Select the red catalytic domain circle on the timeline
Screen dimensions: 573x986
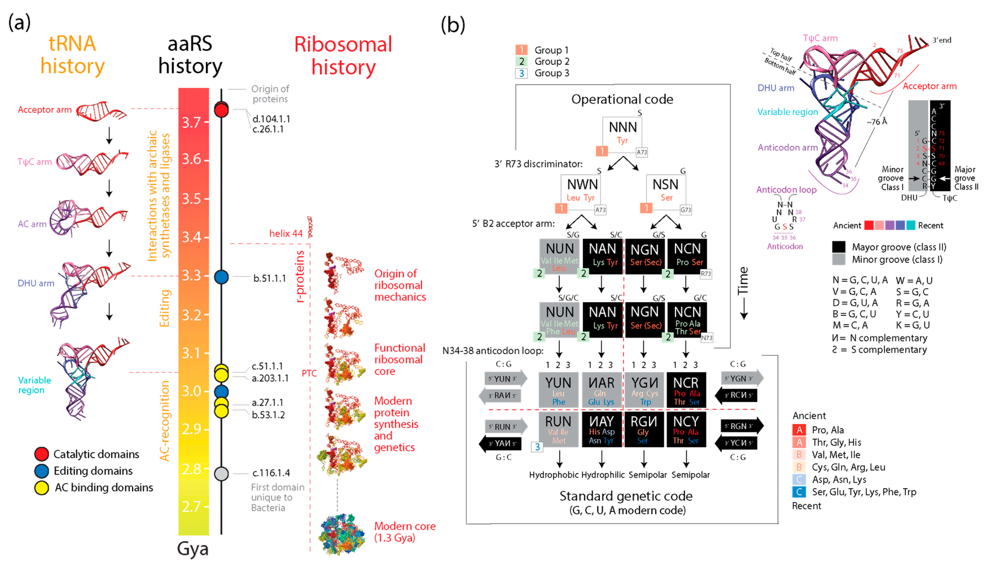[221, 110]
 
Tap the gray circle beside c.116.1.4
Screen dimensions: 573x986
[221, 474]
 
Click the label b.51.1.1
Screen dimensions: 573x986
[270, 278]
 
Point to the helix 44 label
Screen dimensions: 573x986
[286, 234]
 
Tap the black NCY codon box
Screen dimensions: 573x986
[686, 429]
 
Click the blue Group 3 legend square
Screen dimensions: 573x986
[521, 73]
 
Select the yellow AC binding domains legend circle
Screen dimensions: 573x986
[42, 488]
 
